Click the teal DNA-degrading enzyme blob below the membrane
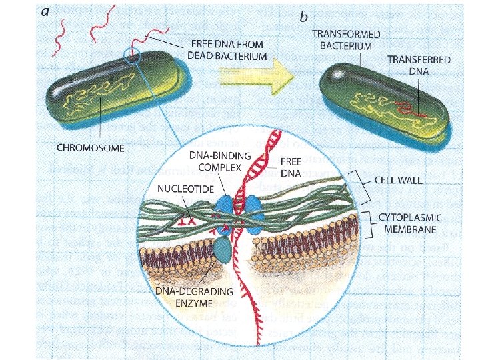(x=223, y=250)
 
